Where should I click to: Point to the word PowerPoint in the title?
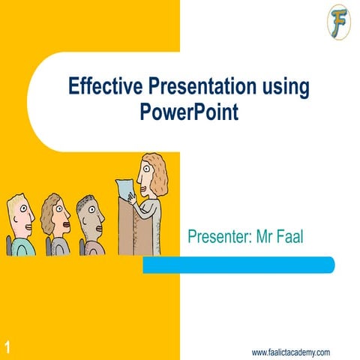click(x=188, y=112)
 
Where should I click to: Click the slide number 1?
click(x=6, y=346)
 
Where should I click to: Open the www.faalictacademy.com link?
click(x=291, y=352)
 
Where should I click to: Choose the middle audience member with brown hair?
click(x=55, y=217)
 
